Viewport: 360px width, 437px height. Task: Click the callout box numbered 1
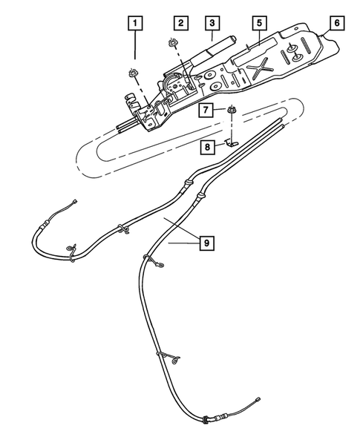pos(134,24)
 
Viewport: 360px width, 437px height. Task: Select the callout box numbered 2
pos(181,24)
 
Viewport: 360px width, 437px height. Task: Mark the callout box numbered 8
pos(210,147)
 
